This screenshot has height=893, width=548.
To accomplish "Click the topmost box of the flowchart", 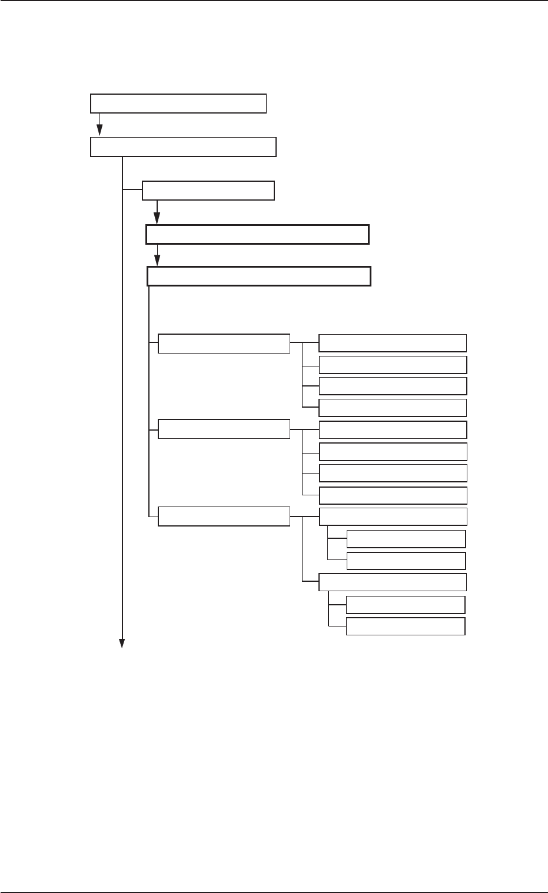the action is (178, 103).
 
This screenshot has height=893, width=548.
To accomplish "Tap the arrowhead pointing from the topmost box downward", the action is (100, 132).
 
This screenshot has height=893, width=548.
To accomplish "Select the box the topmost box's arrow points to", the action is (183, 147).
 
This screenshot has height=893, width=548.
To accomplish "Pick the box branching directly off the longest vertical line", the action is (208, 191).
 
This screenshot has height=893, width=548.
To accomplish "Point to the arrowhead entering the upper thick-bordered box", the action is (157, 219).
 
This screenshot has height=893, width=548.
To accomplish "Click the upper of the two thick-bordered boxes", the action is (257, 234).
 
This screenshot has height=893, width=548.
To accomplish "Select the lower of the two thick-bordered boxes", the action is (258, 276).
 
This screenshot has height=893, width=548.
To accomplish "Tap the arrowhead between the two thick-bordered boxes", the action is (157, 261).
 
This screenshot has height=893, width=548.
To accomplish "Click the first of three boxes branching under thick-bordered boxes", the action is (224, 344).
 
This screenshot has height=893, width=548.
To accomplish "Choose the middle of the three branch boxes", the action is (224, 429).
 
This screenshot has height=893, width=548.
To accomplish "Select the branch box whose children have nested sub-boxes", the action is (224, 516).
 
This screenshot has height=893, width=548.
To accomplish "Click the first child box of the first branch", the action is (393, 343).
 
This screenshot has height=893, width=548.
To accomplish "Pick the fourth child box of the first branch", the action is (393, 408).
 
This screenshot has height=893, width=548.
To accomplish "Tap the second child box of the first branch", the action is (393, 365).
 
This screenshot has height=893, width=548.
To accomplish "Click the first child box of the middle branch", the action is (393, 429).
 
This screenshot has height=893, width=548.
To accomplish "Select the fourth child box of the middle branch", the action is (393, 495).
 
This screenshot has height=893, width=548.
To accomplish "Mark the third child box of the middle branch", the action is (393, 473).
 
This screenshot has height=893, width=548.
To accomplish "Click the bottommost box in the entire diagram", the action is (406, 627).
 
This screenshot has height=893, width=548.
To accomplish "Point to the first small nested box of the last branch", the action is (406, 539).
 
